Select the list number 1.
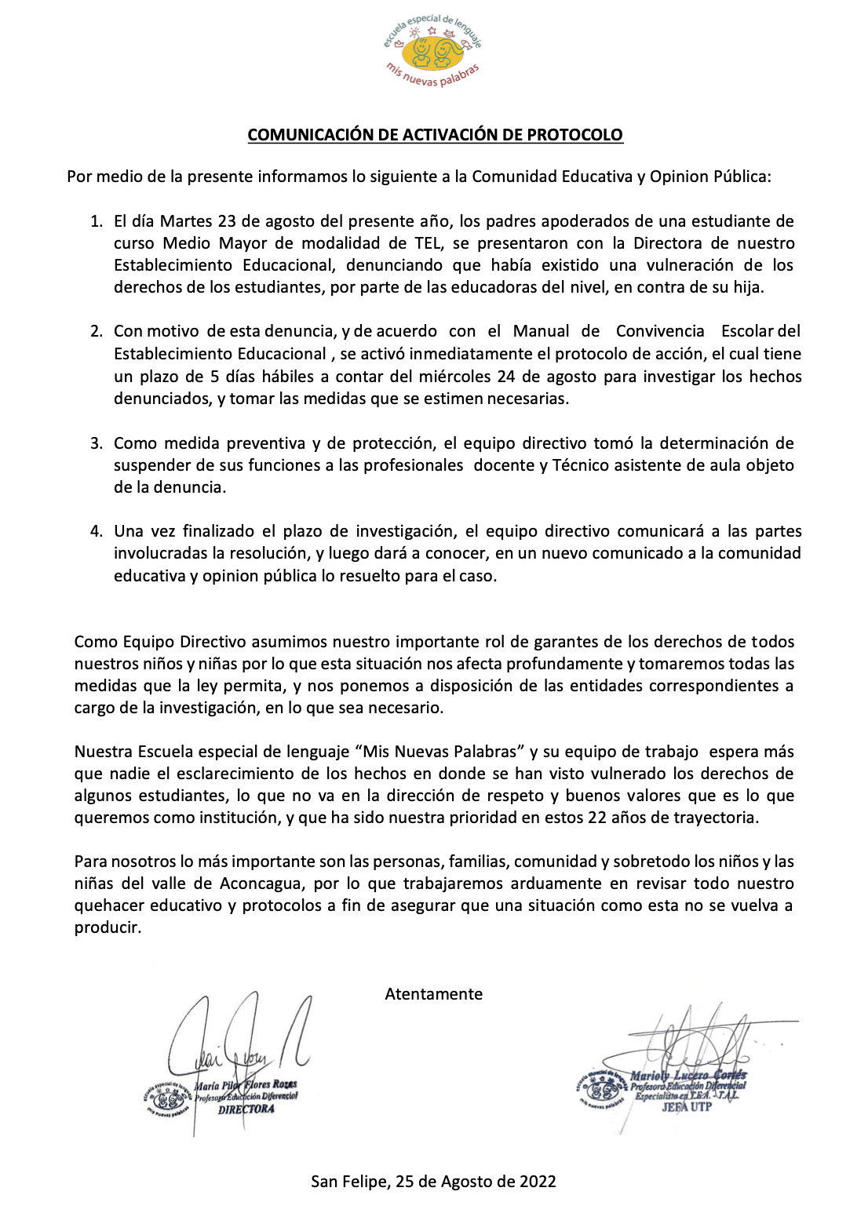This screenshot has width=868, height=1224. tap(96, 221)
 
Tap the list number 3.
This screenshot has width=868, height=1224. tap(96, 443)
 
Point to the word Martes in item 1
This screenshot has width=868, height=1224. tap(186, 221)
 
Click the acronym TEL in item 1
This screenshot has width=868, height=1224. tap(428, 243)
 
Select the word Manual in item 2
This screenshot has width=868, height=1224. tap(542, 331)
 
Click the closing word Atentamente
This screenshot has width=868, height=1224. tap(433, 994)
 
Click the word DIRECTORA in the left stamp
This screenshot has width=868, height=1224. tap(246, 1109)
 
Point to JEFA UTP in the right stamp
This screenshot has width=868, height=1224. tap(686, 1107)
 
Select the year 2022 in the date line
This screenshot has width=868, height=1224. tap(538, 1182)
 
